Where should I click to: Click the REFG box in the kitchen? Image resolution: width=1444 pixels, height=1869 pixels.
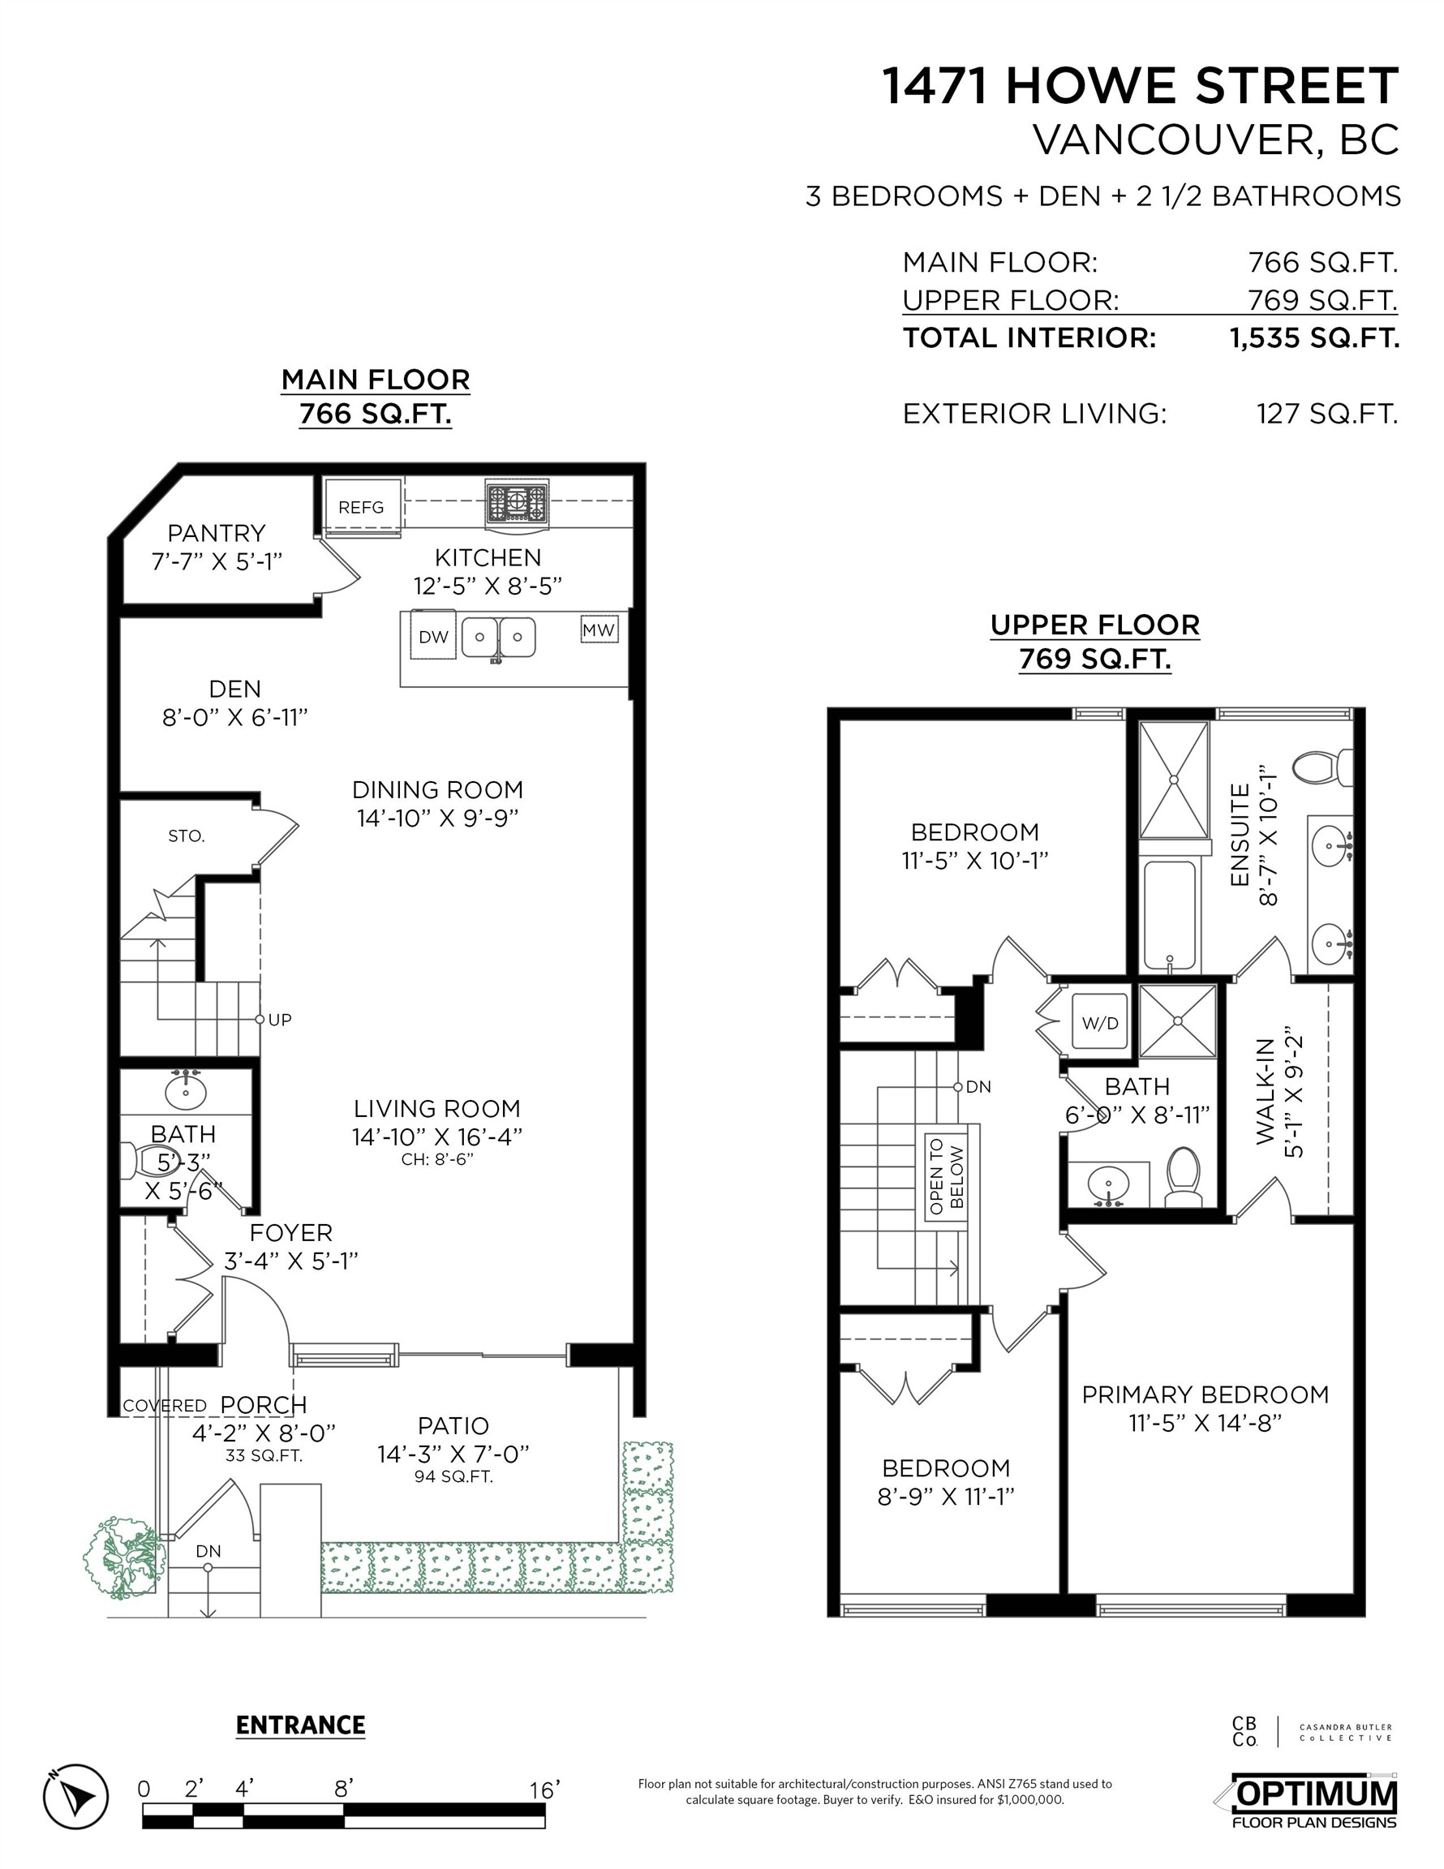click(x=361, y=508)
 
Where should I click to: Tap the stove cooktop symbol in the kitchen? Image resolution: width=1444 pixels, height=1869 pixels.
click(x=516, y=502)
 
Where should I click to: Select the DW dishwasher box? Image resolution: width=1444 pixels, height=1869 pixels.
click(x=433, y=637)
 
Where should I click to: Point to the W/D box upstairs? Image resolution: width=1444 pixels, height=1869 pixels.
click(x=1100, y=1023)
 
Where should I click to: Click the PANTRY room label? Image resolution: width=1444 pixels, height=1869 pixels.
click(x=216, y=533)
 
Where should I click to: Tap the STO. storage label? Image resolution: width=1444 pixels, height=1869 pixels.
click(x=187, y=836)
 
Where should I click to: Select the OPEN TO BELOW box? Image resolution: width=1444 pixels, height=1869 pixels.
click(x=946, y=1175)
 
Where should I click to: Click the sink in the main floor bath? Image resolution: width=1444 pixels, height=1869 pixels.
click(x=185, y=1091)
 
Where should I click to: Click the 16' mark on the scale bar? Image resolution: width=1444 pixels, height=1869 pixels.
click(x=544, y=1790)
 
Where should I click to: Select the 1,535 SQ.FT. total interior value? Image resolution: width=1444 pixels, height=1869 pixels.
click(x=1314, y=338)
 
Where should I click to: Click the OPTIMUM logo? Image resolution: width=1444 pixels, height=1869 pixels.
click(x=1314, y=1798)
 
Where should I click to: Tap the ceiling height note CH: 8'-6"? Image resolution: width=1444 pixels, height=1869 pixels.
click(x=436, y=1159)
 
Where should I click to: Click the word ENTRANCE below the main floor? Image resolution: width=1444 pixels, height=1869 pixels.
click(x=300, y=1725)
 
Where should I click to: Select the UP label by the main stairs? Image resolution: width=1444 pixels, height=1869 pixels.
click(x=279, y=1019)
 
